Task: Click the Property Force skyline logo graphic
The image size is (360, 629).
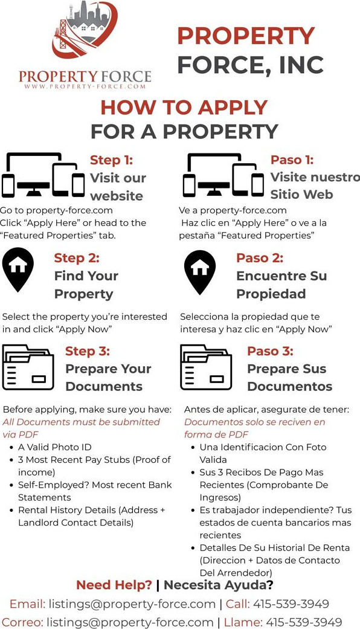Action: coord(85,30)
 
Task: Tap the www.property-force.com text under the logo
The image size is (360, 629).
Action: coord(85,86)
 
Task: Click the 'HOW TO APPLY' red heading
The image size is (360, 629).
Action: coord(184,108)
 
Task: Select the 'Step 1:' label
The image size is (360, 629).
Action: coord(111,160)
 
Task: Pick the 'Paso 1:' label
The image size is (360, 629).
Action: coord(292,160)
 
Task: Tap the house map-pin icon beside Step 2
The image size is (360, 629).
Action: coord(18,269)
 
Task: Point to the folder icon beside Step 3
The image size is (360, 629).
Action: coord(28,367)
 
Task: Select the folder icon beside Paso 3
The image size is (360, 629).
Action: coord(206,367)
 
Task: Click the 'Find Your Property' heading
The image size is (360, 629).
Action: coord(86,285)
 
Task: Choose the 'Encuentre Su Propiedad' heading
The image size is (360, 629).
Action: coord(281,285)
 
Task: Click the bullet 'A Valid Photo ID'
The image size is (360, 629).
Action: coord(54,447)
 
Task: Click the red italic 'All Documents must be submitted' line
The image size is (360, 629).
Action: coord(82,422)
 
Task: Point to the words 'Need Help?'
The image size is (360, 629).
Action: coord(114,585)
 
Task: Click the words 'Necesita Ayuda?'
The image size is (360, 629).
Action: coord(219,585)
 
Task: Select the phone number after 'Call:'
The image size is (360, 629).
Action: coord(291,604)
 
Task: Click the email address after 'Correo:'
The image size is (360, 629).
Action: coord(130,622)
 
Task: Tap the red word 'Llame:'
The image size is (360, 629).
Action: coord(243,622)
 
